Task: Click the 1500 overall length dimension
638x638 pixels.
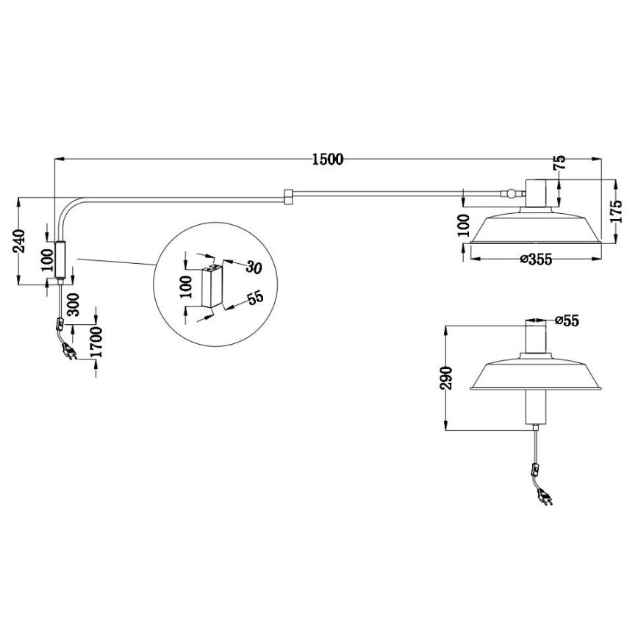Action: (328, 159)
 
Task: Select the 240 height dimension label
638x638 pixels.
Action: (19, 241)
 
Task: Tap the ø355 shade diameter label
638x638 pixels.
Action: (537, 259)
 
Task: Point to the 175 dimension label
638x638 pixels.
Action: (617, 211)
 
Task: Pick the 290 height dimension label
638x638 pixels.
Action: (447, 378)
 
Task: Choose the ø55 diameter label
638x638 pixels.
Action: (567, 320)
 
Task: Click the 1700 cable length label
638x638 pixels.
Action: (97, 342)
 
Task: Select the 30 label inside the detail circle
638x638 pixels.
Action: (253, 268)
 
